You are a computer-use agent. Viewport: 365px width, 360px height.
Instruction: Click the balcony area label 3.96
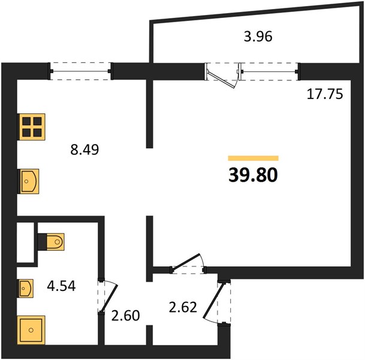[258, 37]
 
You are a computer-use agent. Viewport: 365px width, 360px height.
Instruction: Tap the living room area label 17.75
[325, 94]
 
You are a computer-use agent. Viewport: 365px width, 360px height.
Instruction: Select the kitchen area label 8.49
[85, 149]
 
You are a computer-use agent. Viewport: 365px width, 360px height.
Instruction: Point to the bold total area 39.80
[253, 175]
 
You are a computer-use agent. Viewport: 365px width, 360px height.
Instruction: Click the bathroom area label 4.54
[61, 286]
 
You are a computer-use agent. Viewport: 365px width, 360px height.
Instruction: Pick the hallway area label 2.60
[125, 316]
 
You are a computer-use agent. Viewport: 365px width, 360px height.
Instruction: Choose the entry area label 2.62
[183, 307]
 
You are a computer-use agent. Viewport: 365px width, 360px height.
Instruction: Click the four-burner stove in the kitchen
[32, 127]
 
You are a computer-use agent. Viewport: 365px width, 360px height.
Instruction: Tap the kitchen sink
[29, 181]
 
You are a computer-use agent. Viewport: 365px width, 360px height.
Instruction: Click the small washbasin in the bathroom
[26, 289]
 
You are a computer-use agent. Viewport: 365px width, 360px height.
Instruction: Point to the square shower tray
[31, 330]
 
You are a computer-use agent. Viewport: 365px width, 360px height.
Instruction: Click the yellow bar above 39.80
[254, 158]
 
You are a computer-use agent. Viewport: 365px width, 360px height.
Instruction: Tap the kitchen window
[80, 71]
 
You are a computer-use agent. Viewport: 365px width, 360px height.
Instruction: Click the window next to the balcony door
[270, 71]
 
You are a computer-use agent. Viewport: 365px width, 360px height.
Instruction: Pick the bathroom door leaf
[109, 299]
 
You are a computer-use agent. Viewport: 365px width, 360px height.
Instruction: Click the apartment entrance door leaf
[213, 301]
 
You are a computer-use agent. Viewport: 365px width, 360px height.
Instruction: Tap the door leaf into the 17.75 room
[186, 262]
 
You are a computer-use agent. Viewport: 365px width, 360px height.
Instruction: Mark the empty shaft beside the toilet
[26, 242]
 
